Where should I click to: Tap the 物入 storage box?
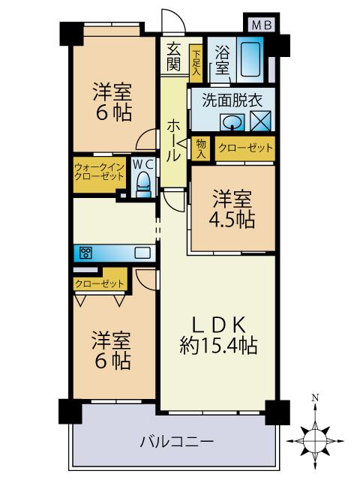pyautogui.click(x=200, y=148)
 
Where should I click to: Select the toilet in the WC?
pyautogui.click(x=142, y=180)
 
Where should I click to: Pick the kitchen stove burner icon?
pyautogui.click(x=85, y=252)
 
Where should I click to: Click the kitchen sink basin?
pyautogui.click(x=142, y=253)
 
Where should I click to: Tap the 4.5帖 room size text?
pyautogui.click(x=232, y=220)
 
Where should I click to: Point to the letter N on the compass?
pyautogui.click(x=316, y=397)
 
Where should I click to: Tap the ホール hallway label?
pyautogui.click(x=173, y=139)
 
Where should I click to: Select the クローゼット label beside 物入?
pyautogui.click(x=244, y=148)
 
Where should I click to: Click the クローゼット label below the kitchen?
pyautogui.click(x=99, y=283)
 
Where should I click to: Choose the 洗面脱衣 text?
pyautogui.click(x=224, y=99)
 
